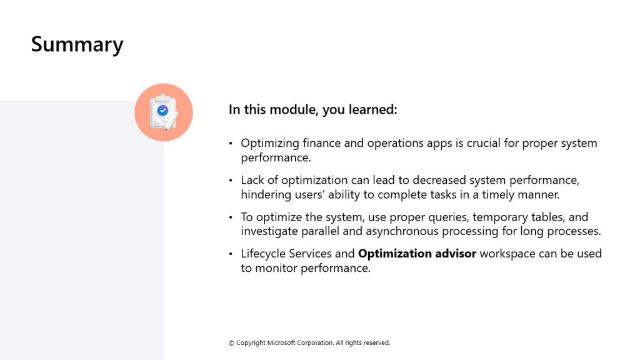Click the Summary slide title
click(x=77, y=45)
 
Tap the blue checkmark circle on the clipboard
click(x=163, y=110)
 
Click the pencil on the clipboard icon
click(x=171, y=121)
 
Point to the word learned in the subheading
click(x=372, y=109)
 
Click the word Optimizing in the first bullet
click(x=270, y=144)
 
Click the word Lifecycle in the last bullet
click(x=263, y=254)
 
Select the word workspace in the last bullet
click(x=507, y=254)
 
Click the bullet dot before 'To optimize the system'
click(x=231, y=217)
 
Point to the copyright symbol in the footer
click(x=231, y=343)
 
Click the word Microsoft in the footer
click(x=281, y=343)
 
